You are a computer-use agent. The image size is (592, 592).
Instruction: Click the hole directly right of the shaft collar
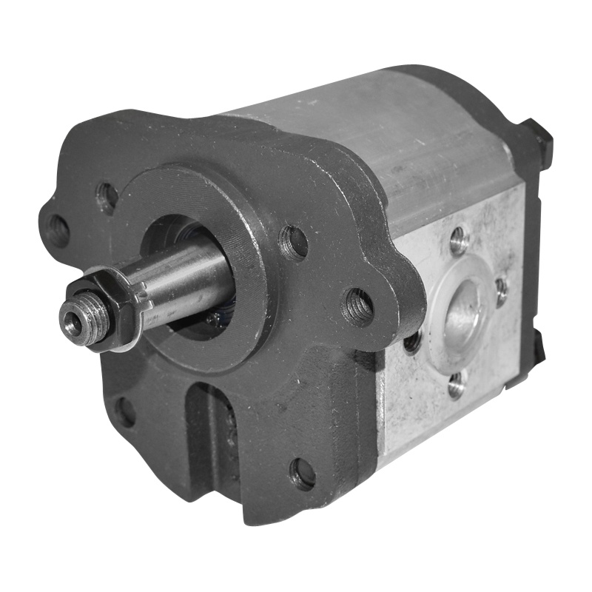click(293, 243)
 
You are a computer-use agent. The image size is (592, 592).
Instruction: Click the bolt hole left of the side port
click(412, 341)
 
